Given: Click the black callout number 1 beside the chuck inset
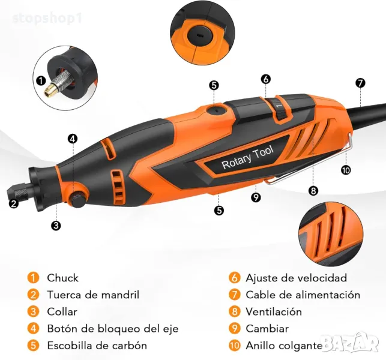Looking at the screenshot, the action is point(41,81).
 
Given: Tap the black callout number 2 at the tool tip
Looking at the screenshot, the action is point(14,203).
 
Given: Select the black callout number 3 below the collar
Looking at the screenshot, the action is point(56,225).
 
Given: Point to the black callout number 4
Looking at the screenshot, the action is point(73,139).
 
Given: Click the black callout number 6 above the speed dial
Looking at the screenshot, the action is point(265,79).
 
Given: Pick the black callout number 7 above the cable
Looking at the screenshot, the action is point(360,83).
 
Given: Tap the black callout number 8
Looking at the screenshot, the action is point(313,190).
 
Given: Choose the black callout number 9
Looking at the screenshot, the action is point(256,197).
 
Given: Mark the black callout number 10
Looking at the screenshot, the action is point(346,170).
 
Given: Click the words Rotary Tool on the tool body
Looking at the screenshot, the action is point(247,157).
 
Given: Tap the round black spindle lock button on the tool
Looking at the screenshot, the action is point(78,197).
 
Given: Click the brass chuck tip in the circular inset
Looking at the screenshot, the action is point(49,90).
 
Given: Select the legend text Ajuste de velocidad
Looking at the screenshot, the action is point(296,278).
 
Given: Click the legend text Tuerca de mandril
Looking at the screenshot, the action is point(93,295).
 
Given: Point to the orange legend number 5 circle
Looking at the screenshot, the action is point(33,345).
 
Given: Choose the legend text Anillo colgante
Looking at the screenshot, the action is point(284,346).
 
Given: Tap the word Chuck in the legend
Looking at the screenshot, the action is point(62,278).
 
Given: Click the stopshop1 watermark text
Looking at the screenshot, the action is point(47,19).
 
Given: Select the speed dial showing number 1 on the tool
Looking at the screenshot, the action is point(280,108).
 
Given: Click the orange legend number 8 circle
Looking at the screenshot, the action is point(234,311).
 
